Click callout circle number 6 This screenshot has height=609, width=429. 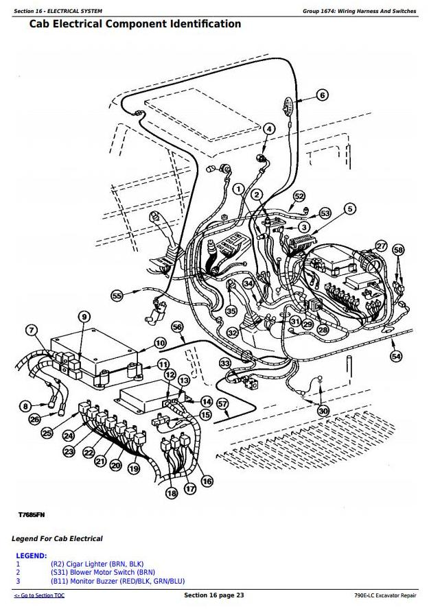tap(323, 95)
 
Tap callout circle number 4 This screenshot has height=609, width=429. tap(269, 128)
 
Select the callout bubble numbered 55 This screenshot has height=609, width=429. tap(117, 295)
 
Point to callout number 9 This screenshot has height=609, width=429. tap(84, 316)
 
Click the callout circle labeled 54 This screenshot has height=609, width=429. tap(396, 356)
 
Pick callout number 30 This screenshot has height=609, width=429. tap(323, 411)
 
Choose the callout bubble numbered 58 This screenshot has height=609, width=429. tap(399, 250)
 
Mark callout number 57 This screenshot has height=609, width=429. tap(222, 404)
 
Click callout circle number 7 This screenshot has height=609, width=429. tap(31, 331)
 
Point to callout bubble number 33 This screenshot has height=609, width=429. tap(225, 363)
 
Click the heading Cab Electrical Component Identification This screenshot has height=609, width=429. tap(135, 24)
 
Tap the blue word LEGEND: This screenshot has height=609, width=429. tap(31, 556)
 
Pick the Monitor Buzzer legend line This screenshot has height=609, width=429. tap(117, 580)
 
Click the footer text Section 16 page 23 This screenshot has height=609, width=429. tap(214, 595)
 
